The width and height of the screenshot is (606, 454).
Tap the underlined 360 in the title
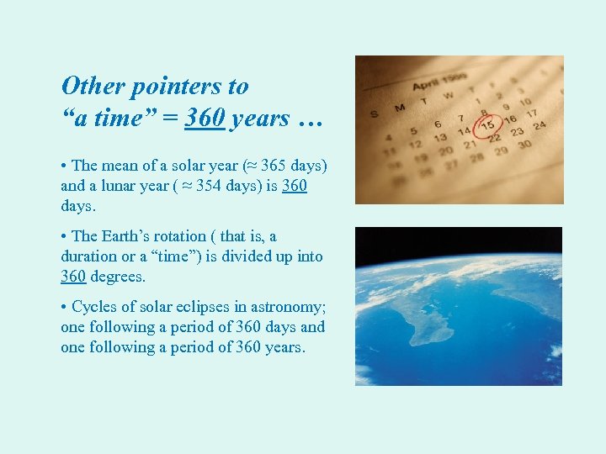coord(205,119)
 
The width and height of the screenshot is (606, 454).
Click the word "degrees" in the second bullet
coord(118,276)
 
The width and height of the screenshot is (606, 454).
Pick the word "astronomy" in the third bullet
coord(290,307)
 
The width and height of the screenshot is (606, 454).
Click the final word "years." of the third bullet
coord(284,347)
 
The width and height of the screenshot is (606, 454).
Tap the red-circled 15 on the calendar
coord(487,126)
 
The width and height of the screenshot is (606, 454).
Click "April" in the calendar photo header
coord(427,84)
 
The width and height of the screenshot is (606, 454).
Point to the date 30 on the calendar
coord(526,145)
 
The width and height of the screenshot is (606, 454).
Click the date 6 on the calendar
coord(437,124)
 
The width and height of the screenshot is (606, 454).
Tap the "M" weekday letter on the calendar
coord(399,107)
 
